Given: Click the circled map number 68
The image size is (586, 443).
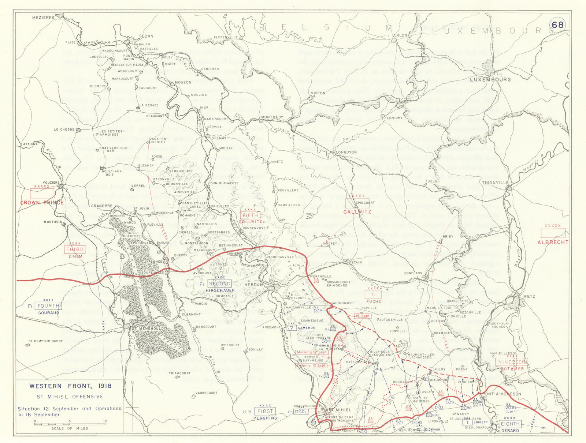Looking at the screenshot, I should point(557,25).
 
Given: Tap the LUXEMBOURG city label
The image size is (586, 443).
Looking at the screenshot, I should point(490,79).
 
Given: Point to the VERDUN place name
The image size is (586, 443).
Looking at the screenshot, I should point(254,284).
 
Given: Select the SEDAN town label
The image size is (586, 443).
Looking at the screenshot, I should point(146,36).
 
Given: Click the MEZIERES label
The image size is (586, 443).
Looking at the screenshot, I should point(43,17).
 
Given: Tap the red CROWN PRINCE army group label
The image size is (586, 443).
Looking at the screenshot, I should point(42,202).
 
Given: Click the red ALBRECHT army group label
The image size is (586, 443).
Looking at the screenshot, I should point(553,242).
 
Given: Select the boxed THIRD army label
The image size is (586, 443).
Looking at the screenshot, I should point(75,249).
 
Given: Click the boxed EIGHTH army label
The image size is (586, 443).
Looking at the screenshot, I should point(510,424).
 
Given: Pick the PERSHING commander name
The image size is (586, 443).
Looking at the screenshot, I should point(265,418).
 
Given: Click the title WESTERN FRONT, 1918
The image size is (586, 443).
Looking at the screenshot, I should point(70,386).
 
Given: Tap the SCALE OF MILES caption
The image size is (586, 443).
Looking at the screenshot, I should point(70,428).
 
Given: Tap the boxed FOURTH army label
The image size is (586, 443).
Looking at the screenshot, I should point(48,306).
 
